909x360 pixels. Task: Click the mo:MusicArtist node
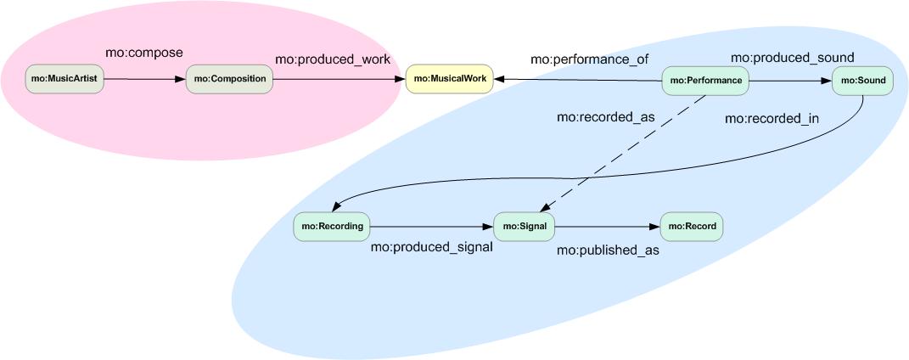pos(65,79)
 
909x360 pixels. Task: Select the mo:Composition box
pos(229,79)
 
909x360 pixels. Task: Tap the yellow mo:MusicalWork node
pos(450,79)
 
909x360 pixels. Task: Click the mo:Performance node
pos(705,81)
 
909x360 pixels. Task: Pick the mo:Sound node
pos(861,81)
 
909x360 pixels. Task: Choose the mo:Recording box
pos(333,227)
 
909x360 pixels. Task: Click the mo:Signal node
pos(524,227)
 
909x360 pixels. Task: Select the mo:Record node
pos(692,227)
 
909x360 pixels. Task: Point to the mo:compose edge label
pos(143,53)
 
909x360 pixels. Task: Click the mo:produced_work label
pos(333,59)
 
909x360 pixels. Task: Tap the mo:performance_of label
pos(577,59)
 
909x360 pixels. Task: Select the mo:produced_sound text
pos(793,57)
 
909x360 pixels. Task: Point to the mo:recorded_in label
pos(772,118)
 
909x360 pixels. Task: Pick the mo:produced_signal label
pos(431,248)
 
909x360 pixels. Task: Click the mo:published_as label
pos(608,250)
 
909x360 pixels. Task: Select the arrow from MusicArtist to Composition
pos(144,79)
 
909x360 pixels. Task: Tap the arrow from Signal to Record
pos(607,227)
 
